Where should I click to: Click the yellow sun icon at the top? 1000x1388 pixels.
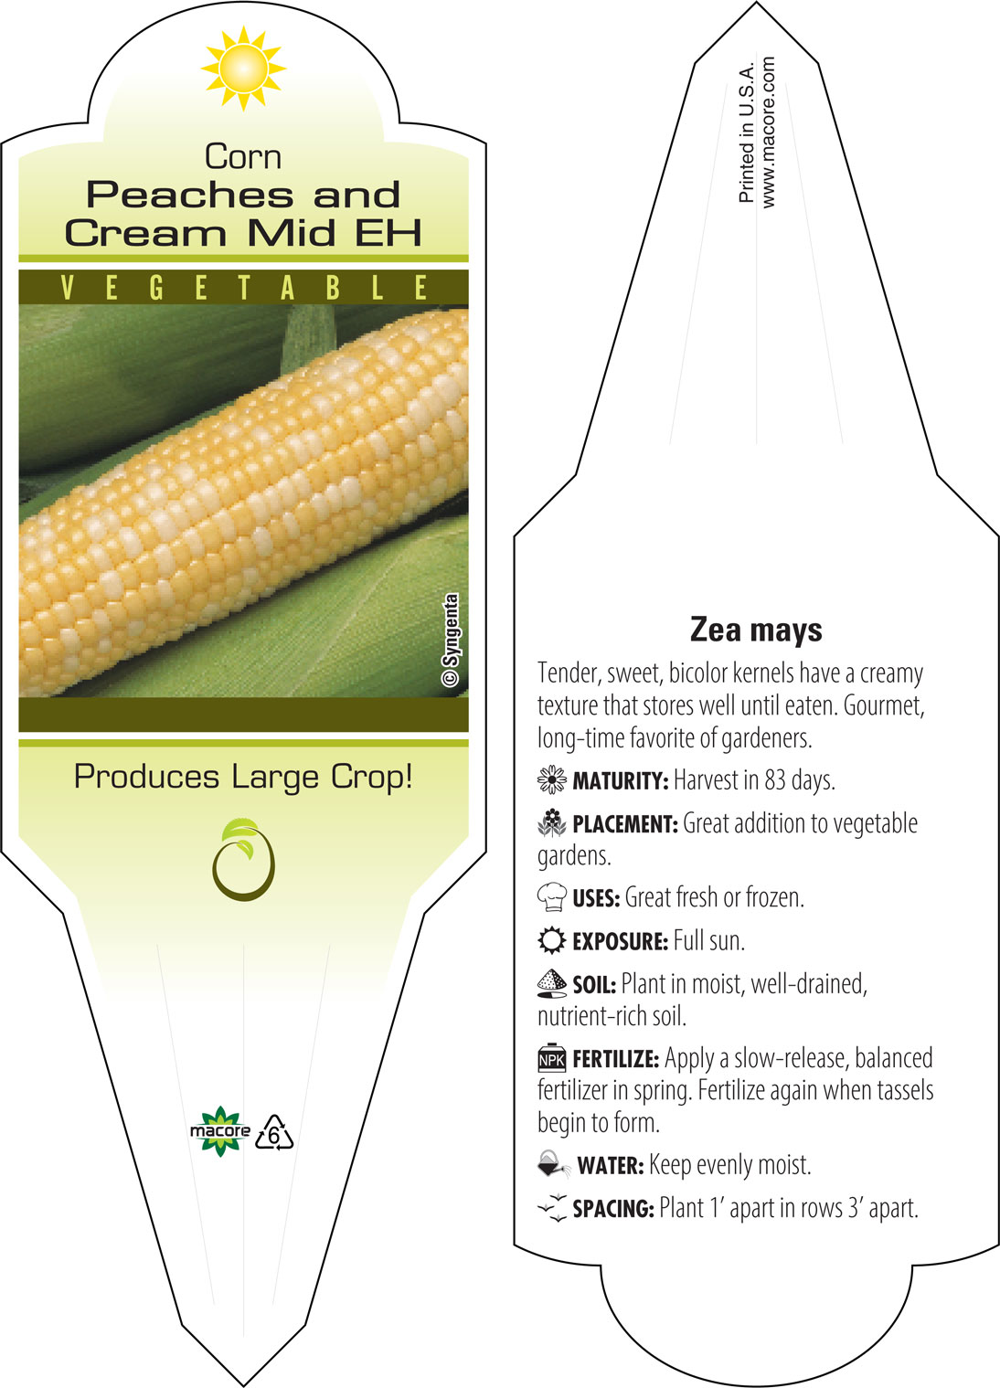point(243,69)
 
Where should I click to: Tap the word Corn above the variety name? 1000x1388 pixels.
point(243,157)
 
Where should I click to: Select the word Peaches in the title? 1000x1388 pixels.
point(189,196)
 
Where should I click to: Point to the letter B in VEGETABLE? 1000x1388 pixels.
point(333,288)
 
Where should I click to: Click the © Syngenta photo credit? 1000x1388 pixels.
point(451,640)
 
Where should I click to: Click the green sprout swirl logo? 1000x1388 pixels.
point(243,860)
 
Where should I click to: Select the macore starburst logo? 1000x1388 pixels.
point(219,1131)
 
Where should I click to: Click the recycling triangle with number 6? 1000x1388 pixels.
point(273,1133)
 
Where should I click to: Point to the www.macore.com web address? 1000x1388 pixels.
point(768,132)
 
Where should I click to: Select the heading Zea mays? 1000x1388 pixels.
point(756,630)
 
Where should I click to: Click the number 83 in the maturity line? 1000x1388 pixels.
point(776,780)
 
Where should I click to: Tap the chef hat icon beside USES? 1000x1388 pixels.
point(552,897)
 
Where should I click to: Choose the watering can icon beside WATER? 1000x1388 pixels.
point(553,1164)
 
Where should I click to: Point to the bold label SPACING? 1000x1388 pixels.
point(613,1209)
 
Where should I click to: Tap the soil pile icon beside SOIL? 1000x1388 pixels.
point(552,984)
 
